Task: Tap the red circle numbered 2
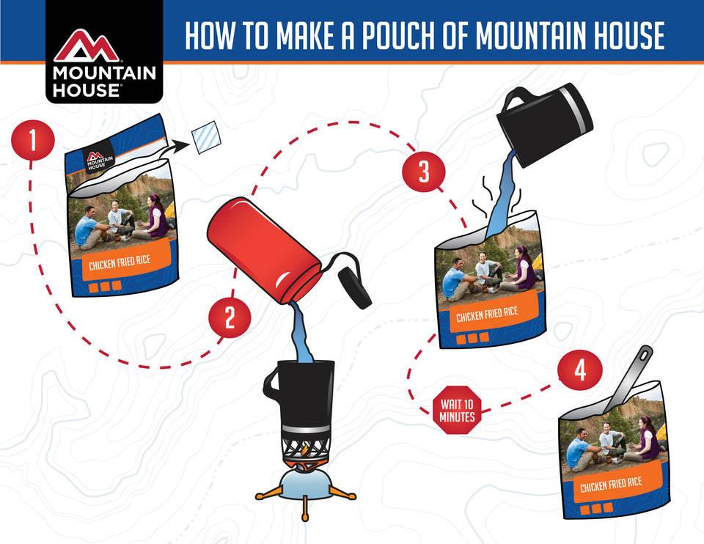coord(230,318)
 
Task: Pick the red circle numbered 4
coord(580,372)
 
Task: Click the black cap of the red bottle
coord(355,287)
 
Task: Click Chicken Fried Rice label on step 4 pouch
coord(611,484)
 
